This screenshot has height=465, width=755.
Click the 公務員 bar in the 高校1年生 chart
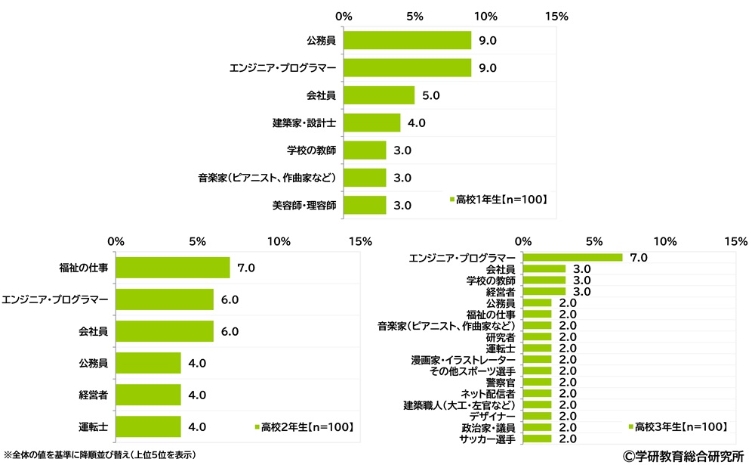[408, 40]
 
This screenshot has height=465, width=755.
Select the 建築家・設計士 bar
[372, 122]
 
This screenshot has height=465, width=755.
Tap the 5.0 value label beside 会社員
[431, 95]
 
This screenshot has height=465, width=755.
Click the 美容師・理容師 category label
[304, 206]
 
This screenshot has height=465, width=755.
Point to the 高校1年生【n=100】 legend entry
[498, 200]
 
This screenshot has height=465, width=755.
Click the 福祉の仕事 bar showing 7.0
[173, 268]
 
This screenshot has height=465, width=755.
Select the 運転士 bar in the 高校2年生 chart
[149, 426]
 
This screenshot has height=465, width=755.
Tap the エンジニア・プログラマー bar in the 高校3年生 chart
[572, 258]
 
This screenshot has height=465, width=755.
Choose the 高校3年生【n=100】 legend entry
[677, 427]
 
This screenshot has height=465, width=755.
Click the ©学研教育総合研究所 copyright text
[682, 455]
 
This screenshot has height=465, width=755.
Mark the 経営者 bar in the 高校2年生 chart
[149, 395]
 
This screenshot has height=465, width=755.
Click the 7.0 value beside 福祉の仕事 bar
[247, 268]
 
